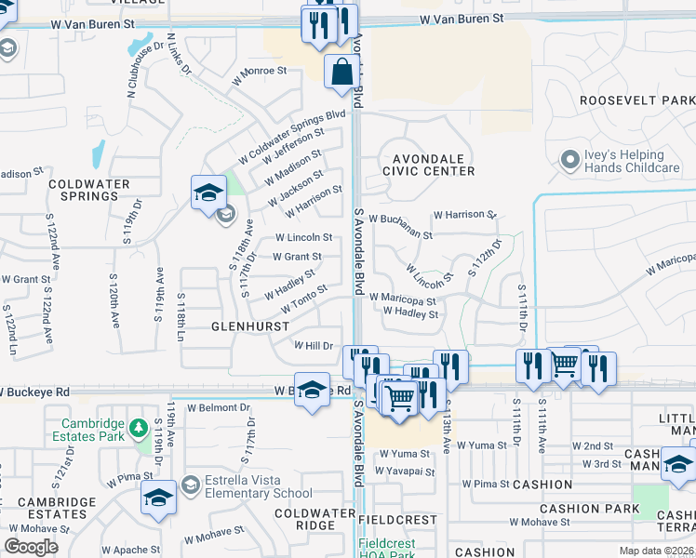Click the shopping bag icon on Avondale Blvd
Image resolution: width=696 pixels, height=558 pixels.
[x=342, y=70]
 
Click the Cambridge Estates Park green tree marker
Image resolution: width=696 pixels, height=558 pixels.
[x=139, y=429]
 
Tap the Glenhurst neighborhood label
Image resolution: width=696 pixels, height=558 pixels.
[x=246, y=326]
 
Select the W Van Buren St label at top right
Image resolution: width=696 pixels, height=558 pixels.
[x=461, y=19]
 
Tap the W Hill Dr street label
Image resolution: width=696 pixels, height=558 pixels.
[x=314, y=345]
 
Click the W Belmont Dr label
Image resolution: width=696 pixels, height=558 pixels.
[x=220, y=407]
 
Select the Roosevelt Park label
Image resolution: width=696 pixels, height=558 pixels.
[x=636, y=100]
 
